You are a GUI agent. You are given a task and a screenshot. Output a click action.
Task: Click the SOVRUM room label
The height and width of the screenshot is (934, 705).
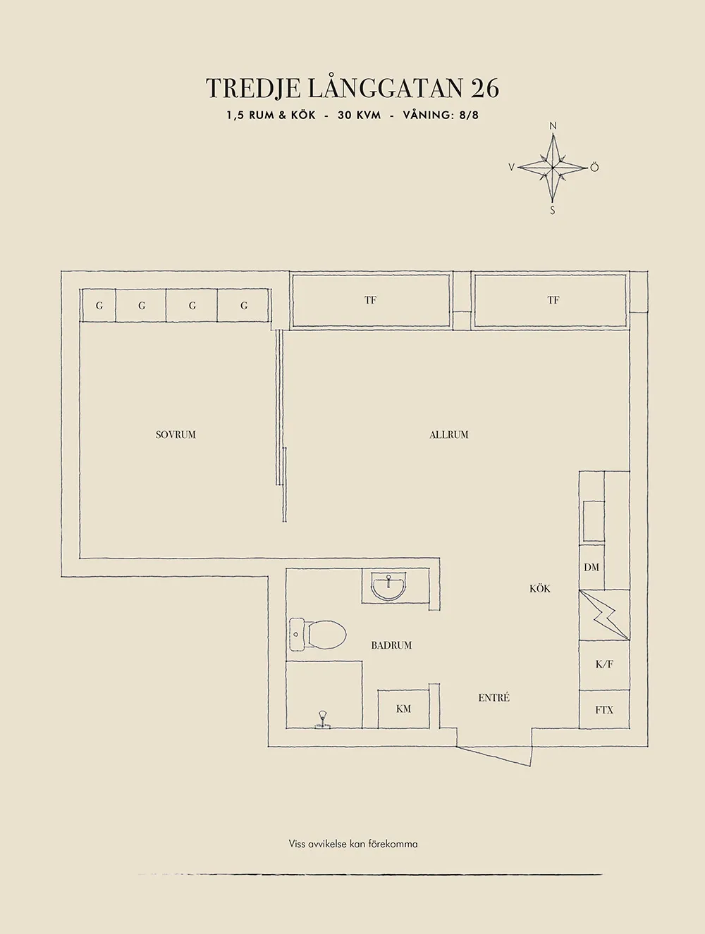click(176, 435)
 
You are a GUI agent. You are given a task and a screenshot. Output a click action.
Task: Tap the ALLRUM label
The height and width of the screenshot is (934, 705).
click(448, 435)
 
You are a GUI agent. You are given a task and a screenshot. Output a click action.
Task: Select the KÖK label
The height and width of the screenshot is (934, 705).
click(540, 588)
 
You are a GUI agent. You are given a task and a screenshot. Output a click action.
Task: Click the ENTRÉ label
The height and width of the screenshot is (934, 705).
click(493, 697)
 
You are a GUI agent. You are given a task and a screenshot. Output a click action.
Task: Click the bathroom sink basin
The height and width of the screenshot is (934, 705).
click(388, 587)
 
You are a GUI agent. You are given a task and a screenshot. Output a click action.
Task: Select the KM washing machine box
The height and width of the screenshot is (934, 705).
click(403, 709)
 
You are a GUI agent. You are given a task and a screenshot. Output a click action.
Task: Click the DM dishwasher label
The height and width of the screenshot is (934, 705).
click(591, 567)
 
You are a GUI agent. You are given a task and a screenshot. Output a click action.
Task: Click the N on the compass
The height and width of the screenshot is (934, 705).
click(553, 125)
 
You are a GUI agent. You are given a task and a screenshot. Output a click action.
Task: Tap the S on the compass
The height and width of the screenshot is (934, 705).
click(553, 211)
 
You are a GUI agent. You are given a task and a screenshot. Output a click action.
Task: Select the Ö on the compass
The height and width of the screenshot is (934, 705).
click(595, 167)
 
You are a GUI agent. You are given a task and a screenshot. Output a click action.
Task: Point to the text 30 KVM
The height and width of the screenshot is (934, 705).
click(360, 116)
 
